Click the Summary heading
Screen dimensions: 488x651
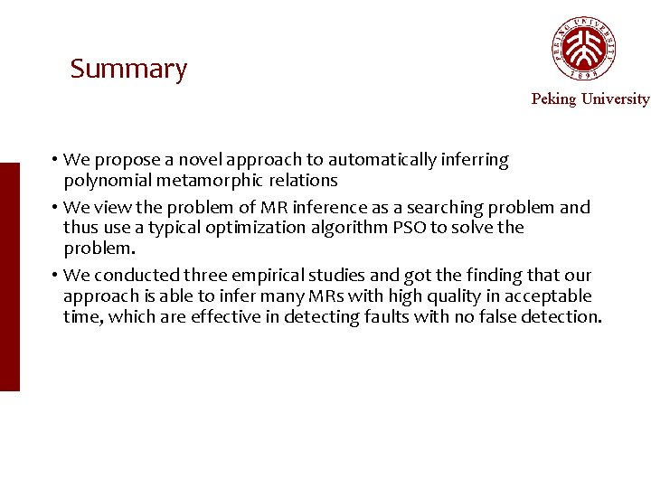tap(128, 69)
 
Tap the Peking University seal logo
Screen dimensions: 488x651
tap(584, 49)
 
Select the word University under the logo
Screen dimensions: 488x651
tap(615, 99)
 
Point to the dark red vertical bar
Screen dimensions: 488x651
tap(9, 277)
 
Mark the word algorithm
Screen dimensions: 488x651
tap(350, 227)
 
